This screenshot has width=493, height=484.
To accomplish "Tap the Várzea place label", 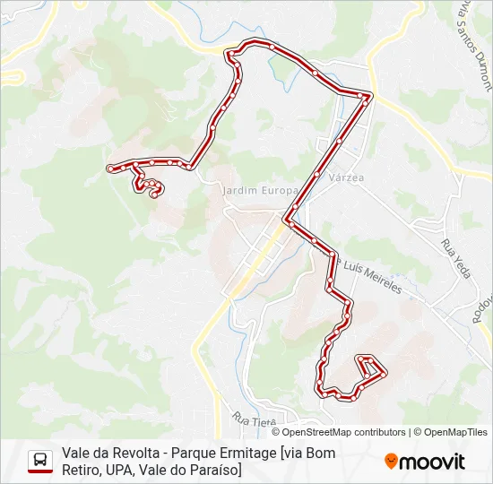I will [x=346, y=178].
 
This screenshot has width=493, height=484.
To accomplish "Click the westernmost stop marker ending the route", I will [x=110, y=168].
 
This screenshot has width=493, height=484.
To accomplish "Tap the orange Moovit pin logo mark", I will [x=391, y=461].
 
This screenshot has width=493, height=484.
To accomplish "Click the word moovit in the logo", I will [x=432, y=462].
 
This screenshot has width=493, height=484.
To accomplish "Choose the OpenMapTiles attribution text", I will [x=456, y=432].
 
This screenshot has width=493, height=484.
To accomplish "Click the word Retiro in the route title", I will [x=80, y=469].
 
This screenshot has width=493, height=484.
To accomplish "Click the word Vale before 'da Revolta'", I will [x=76, y=453].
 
